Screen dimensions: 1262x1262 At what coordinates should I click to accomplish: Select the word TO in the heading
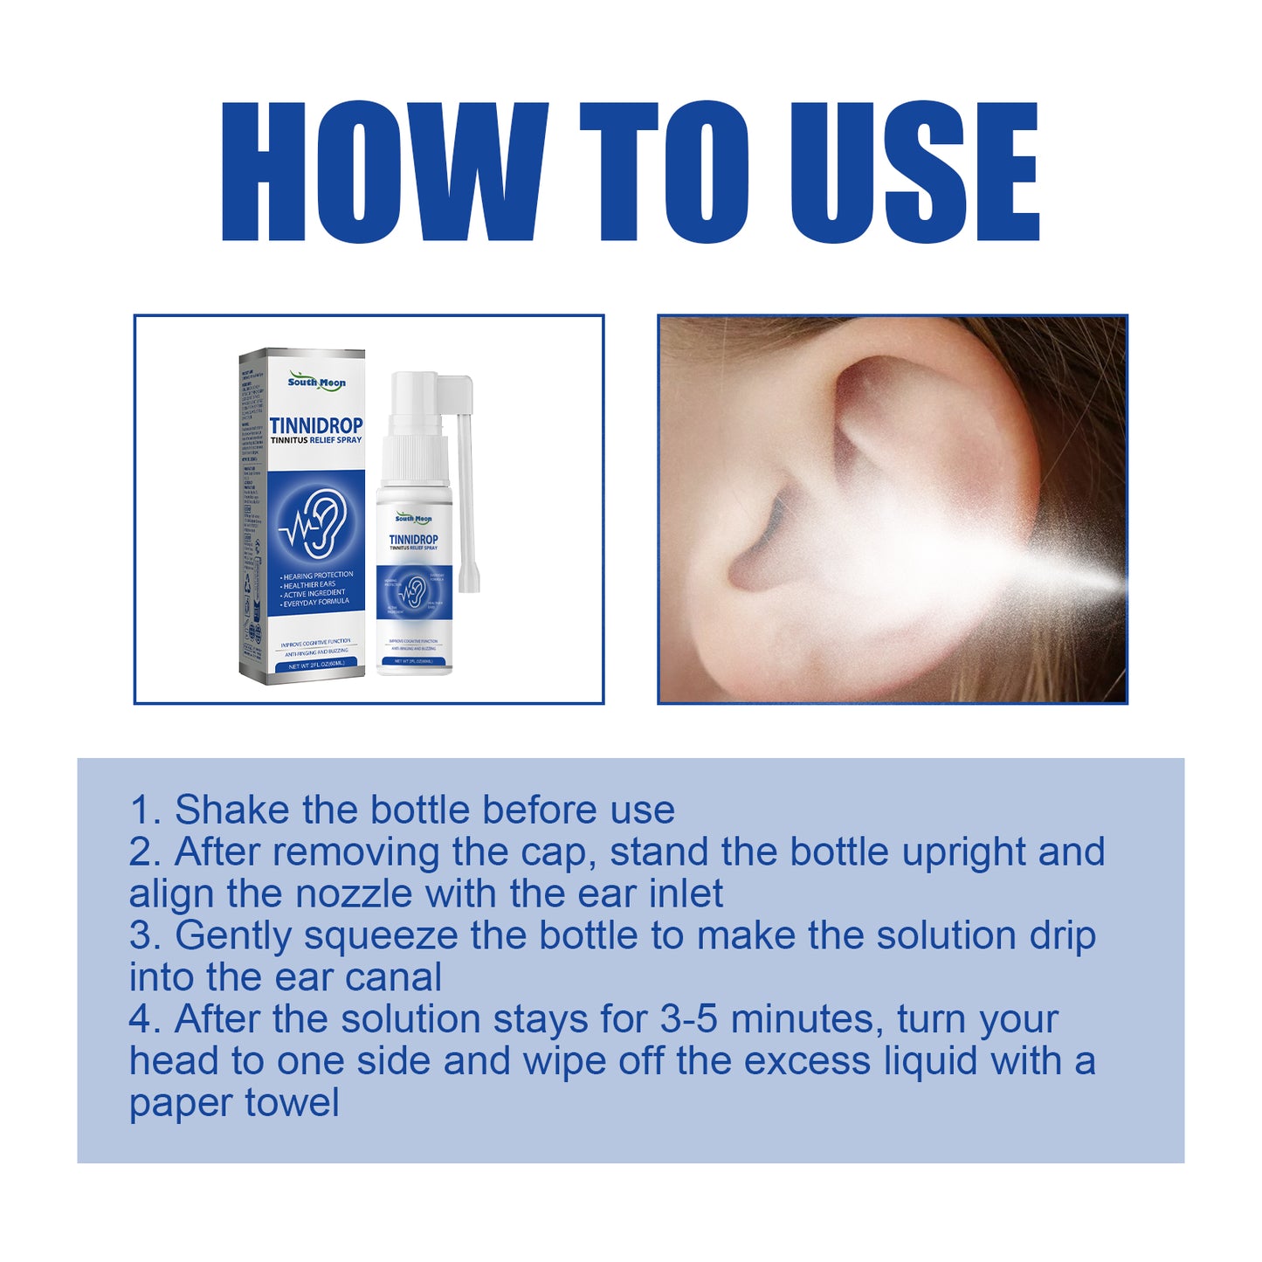pos(664,171)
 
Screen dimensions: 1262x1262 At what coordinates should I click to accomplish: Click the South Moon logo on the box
pos(316,383)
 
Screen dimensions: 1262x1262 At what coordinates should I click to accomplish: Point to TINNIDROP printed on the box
pos(315,425)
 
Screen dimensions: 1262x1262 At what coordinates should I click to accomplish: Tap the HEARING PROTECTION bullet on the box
pos(317,575)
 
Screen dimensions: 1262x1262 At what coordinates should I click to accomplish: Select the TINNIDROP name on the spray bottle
pos(413,540)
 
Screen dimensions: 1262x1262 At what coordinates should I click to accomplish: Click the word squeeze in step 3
pos(381,936)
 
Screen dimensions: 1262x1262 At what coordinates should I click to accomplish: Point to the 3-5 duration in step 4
pos(689,1019)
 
